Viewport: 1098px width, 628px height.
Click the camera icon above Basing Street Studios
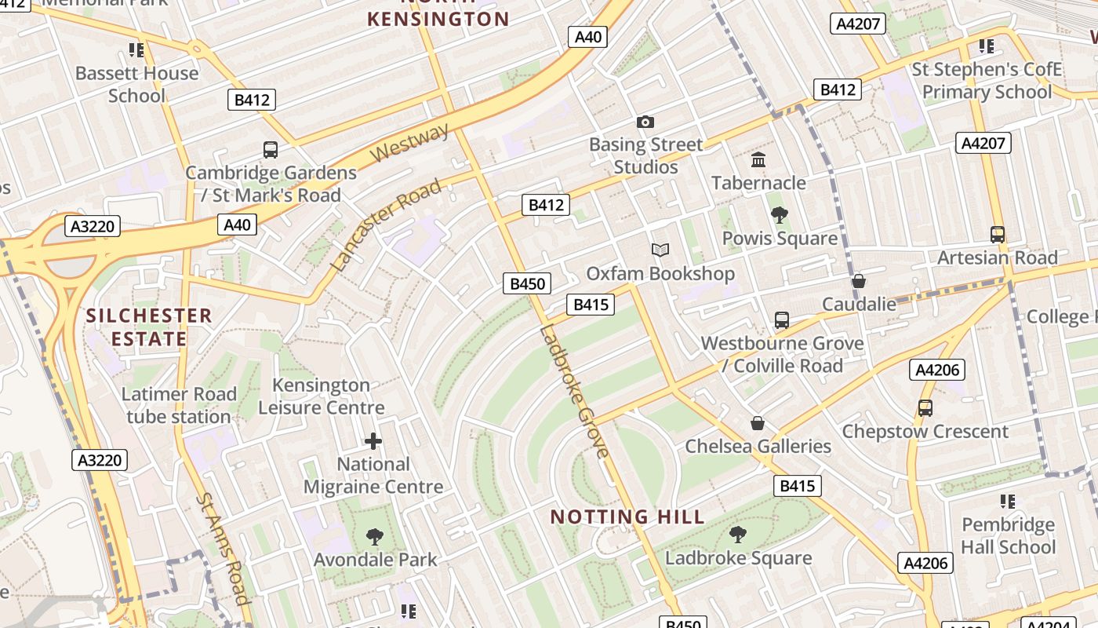click(x=645, y=122)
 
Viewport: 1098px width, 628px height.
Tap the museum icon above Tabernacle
click(x=758, y=160)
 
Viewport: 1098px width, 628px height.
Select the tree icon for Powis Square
click(x=779, y=215)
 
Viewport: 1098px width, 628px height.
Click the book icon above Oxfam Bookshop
click(x=660, y=250)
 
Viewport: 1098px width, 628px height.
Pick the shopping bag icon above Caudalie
click(x=859, y=281)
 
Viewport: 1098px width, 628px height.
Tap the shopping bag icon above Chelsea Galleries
click(x=758, y=423)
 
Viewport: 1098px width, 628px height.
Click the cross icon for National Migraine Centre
click(x=373, y=441)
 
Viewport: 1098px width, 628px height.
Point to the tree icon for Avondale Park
click(x=375, y=537)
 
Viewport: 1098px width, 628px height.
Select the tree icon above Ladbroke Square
click(x=737, y=535)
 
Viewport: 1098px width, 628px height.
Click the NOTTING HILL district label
click(x=627, y=517)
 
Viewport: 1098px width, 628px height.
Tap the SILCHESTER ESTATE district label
click(x=149, y=327)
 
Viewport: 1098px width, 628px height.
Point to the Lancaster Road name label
click(x=386, y=225)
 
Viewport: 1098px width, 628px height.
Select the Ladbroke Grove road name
click(x=573, y=390)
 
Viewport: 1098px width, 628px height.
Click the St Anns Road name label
click(x=223, y=548)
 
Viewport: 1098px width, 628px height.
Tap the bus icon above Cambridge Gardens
click(x=270, y=149)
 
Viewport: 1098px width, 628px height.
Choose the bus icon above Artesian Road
click(x=997, y=235)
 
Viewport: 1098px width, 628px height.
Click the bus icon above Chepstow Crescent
click(x=925, y=408)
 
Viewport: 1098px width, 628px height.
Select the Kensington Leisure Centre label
click(x=322, y=396)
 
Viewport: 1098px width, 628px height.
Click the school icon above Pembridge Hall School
click(x=1008, y=501)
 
